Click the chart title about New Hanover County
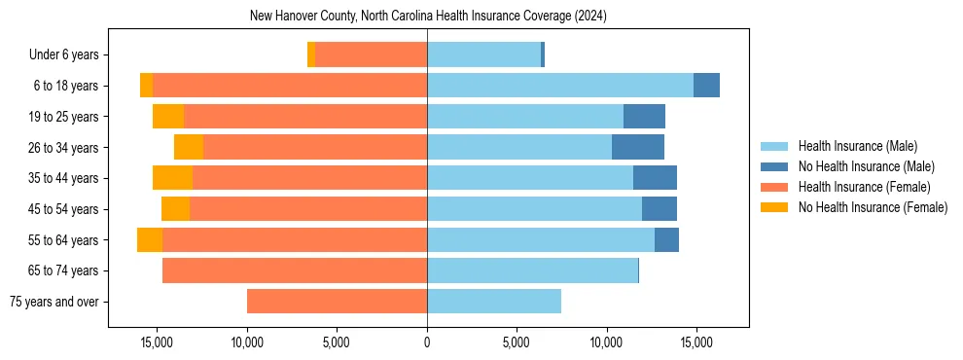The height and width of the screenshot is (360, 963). [427, 17]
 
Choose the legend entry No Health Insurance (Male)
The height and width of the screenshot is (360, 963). [865, 166]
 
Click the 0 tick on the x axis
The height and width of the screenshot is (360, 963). [427, 342]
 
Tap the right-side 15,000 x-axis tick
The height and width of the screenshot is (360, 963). [696, 342]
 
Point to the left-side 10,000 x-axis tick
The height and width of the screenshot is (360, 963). [247, 342]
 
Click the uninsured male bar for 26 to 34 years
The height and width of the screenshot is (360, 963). [638, 147]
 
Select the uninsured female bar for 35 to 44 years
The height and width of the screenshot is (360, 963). [172, 178]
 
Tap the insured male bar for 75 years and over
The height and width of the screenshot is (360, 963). [494, 302]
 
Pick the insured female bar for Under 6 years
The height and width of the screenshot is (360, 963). [371, 55]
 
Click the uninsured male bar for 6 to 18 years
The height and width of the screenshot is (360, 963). [706, 86]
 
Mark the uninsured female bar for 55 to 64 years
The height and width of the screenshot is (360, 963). [150, 240]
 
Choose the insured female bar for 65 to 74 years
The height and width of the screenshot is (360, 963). [295, 270]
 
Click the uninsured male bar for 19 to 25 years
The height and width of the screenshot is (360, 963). [644, 117]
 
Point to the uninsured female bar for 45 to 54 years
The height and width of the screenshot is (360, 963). [175, 209]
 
